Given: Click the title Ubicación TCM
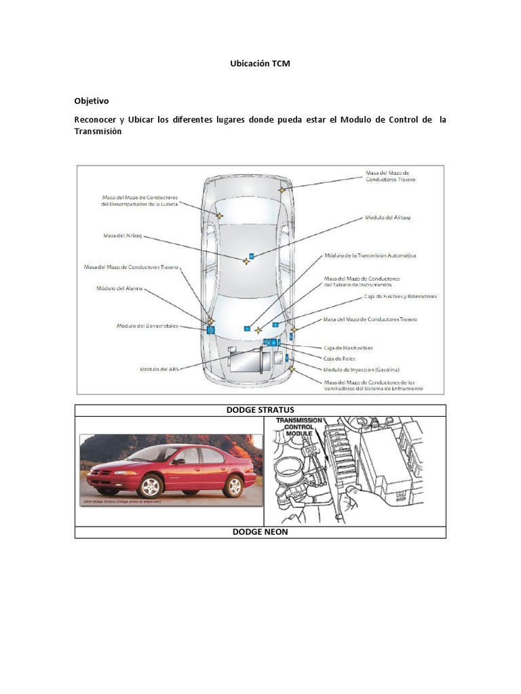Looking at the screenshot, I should [260, 64].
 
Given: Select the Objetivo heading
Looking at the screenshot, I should [92, 101].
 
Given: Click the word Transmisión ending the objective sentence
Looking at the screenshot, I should [98, 131].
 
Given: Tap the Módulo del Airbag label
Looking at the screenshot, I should [387, 218].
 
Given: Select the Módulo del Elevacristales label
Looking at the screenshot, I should [147, 326].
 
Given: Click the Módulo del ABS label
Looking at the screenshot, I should [158, 369].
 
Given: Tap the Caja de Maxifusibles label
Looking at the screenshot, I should [348, 348].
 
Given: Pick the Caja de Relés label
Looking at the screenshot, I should [339, 358].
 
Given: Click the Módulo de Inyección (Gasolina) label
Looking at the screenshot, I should [361, 369].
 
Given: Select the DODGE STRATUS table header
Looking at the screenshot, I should [260, 410].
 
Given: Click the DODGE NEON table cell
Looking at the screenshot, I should [260, 532].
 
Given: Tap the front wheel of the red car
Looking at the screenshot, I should [149, 486].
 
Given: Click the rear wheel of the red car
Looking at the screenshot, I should [233, 485].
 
